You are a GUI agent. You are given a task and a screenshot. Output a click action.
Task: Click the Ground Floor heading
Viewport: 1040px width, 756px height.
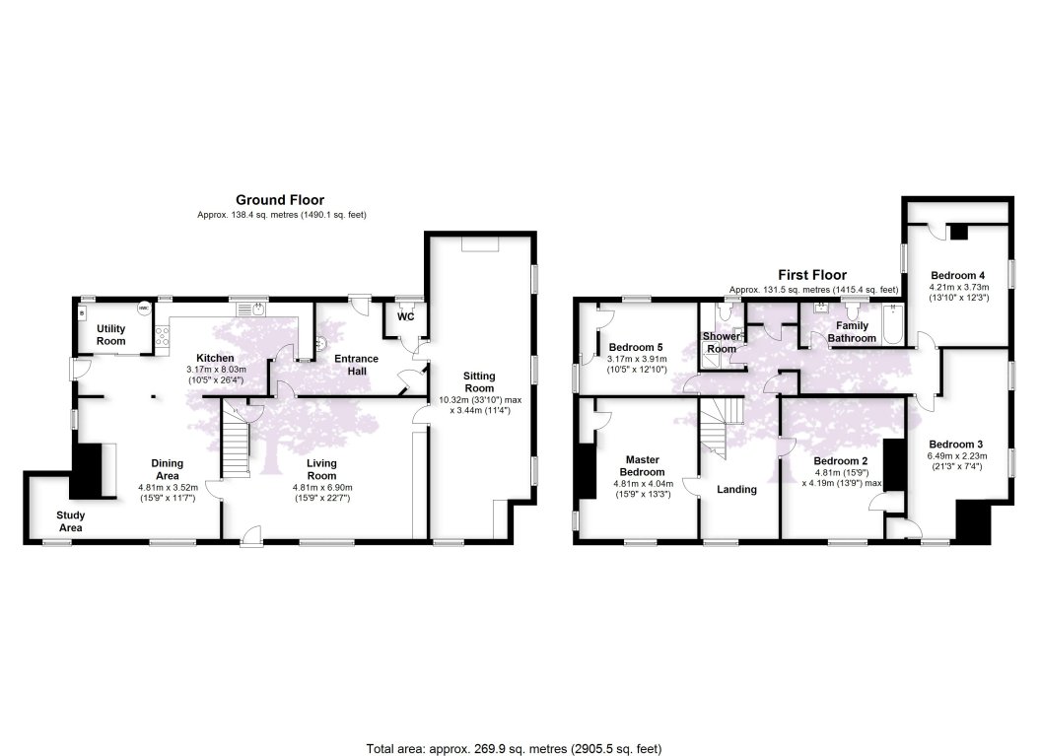pos(279,200)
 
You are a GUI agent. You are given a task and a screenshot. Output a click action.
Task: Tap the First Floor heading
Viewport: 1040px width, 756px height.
pos(813,275)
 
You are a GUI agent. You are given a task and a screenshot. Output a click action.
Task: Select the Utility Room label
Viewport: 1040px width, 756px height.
pos(110,334)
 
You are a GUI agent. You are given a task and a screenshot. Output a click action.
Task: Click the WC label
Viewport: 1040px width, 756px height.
pos(405,317)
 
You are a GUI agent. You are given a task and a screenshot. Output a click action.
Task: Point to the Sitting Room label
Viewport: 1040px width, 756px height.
pos(479,381)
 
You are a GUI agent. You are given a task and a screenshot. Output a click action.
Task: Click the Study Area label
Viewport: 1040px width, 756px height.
pos(70,521)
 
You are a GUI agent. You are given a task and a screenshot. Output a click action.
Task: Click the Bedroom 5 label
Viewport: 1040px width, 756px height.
pos(635,347)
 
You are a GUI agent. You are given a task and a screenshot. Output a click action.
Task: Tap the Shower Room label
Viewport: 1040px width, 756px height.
pos(721,342)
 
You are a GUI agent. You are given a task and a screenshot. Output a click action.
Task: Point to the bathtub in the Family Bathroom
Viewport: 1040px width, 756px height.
pos(892,325)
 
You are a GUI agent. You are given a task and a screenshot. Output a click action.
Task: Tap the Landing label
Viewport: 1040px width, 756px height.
pos(736,489)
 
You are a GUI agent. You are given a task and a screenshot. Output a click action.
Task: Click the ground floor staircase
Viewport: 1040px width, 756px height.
pos(233,444)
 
